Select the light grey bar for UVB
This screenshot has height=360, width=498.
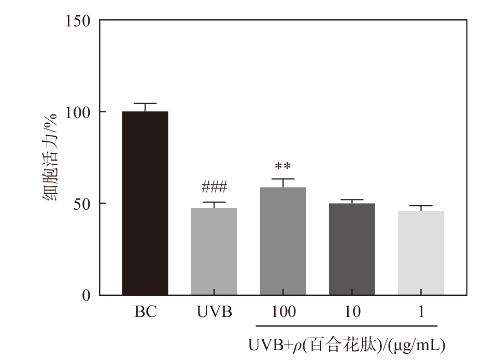(x=214, y=252)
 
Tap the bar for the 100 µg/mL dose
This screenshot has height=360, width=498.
(x=283, y=241)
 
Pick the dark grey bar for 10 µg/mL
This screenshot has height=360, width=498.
(x=352, y=249)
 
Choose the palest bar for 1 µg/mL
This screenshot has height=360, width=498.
(x=421, y=253)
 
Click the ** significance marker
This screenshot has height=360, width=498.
(x=283, y=167)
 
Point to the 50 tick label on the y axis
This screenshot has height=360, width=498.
(x=82, y=204)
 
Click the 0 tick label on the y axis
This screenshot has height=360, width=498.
(x=86, y=295)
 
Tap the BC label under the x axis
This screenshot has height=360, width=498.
(x=145, y=312)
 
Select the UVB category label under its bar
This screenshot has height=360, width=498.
(x=215, y=312)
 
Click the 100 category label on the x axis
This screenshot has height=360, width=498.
(x=283, y=312)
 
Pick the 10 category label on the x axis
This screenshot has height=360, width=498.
(x=352, y=312)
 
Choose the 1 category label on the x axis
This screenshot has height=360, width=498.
(x=421, y=312)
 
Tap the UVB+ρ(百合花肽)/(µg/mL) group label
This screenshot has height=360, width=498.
(x=347, y=344)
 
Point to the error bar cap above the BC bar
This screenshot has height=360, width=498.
(x=145, y=104)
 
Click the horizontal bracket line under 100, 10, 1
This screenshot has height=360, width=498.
(x=347, y=326)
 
